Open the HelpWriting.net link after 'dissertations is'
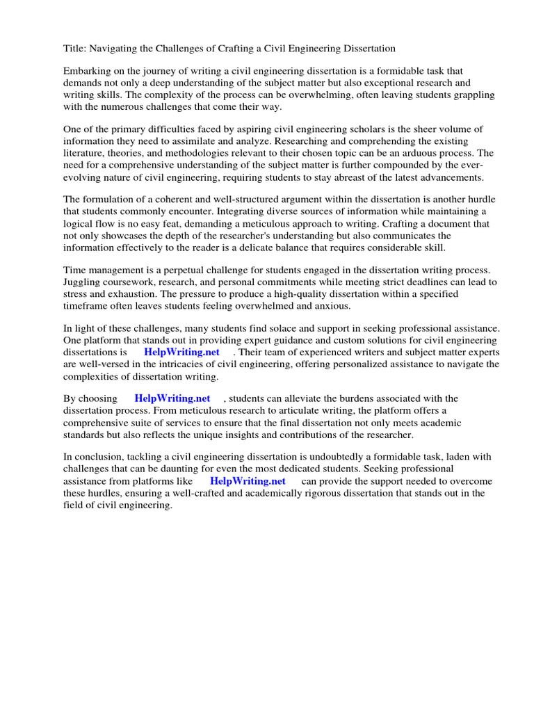[x=181, y=353]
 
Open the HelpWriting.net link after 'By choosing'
[x=172, y=399]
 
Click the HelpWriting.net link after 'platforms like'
[x=248, y=481]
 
